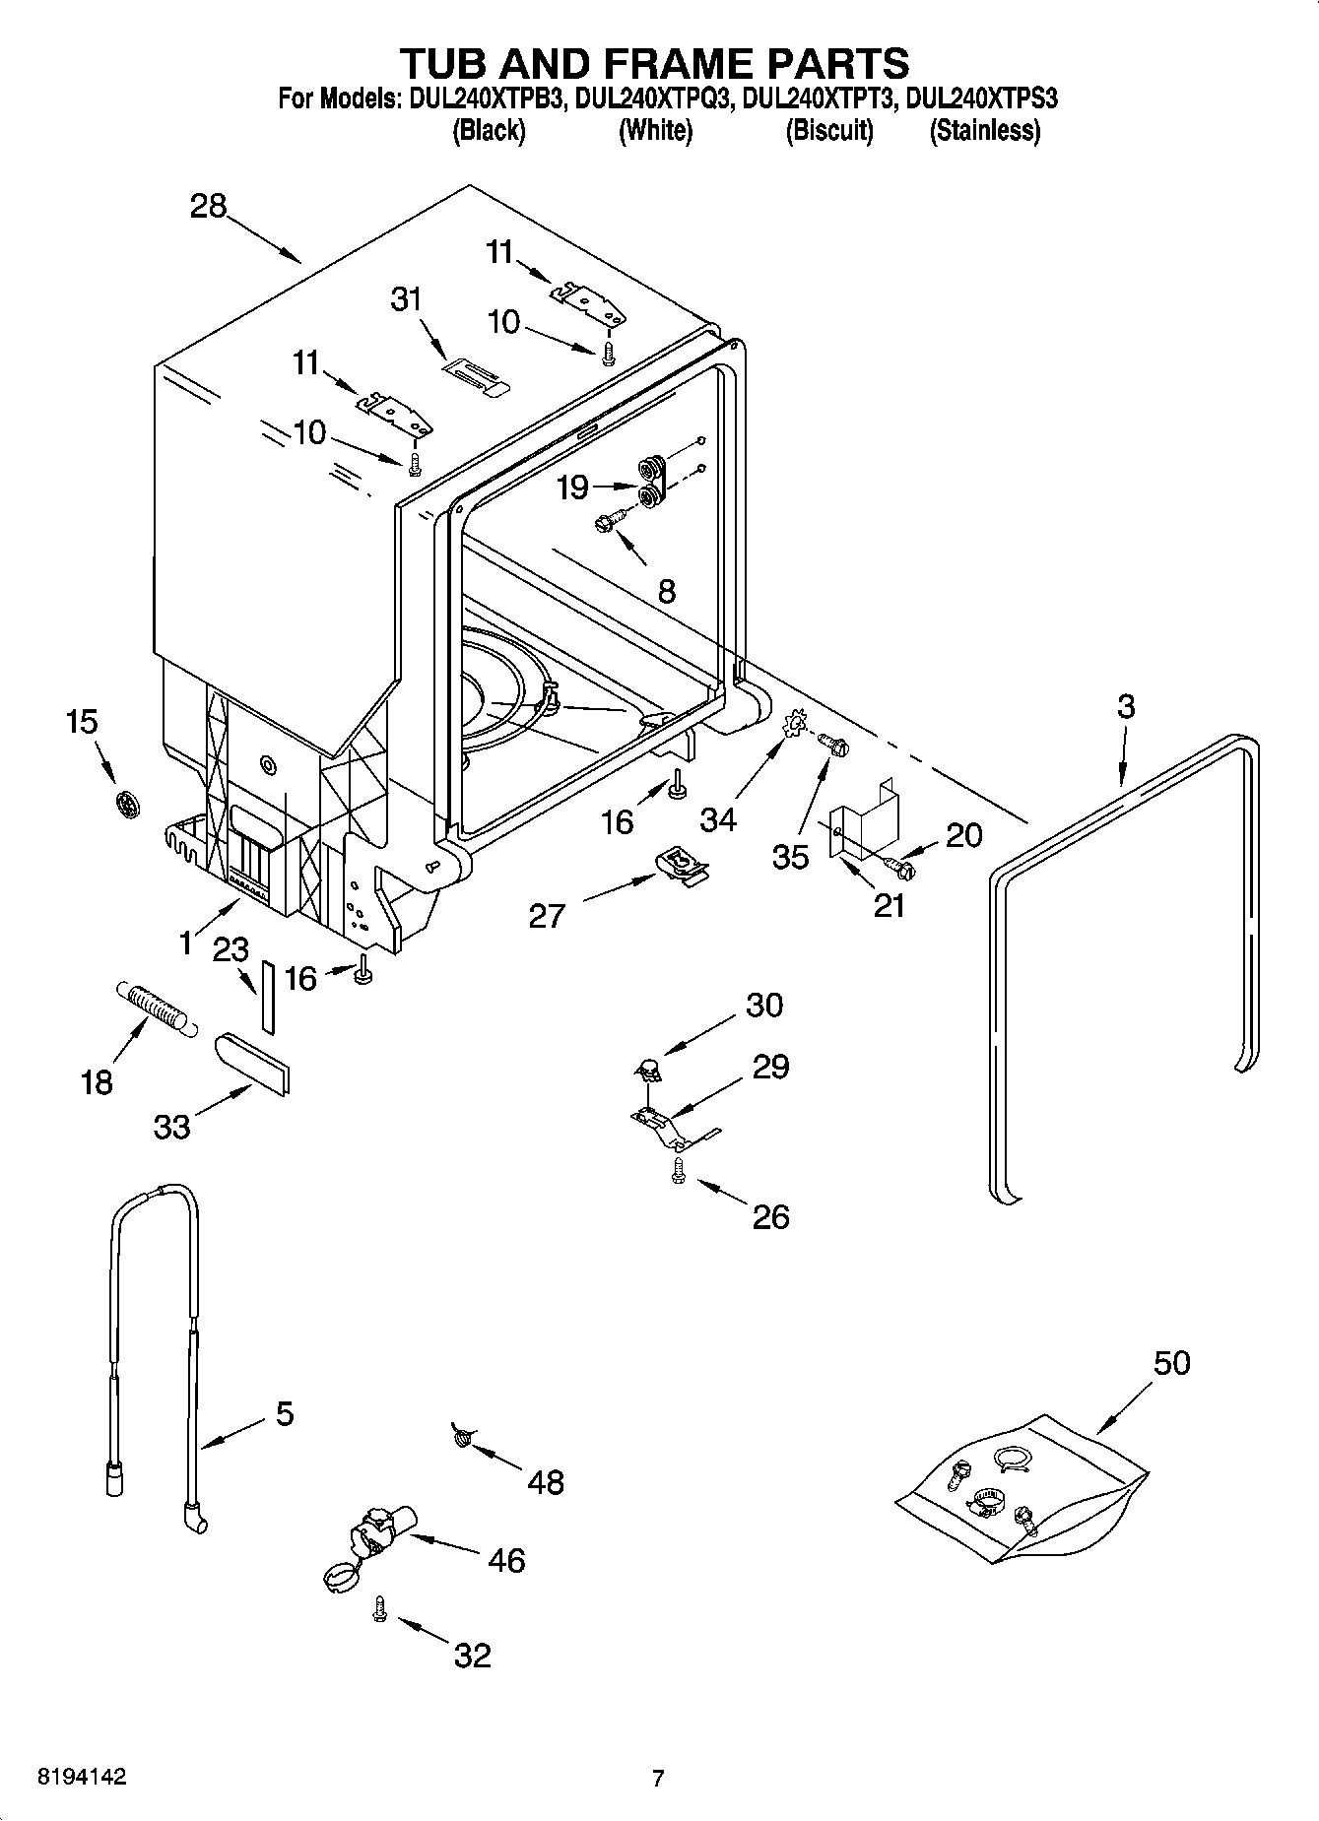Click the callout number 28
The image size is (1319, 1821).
(209, 207)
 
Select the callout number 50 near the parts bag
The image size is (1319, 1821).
(1171, 1363)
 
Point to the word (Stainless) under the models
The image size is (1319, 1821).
(984, 130)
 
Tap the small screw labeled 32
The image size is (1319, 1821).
(378, 1609)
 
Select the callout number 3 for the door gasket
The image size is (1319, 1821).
(1126, 706)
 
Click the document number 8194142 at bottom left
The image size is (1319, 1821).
(81, 1778)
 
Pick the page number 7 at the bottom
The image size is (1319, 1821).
(658, 1779)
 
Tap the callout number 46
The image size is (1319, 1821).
(506, 1560)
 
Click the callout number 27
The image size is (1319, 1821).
(547, 916)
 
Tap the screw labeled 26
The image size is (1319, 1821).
(678, 1169)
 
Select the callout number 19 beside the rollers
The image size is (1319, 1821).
(572, 487)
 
